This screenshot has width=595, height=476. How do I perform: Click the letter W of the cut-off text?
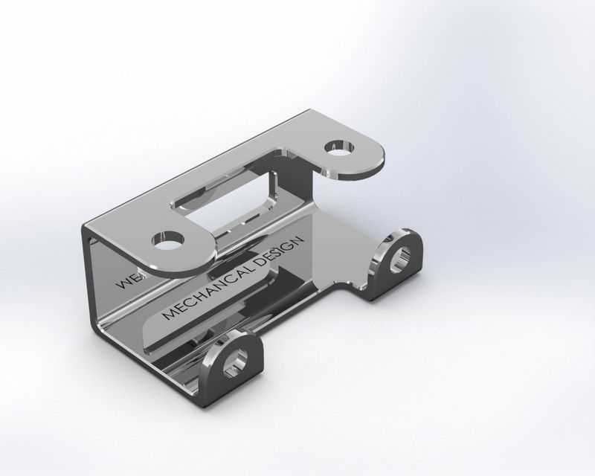pyautogui.click(x=120, y=286)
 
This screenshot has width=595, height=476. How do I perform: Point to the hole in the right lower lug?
pyautogui.click(x=402, y=257)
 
